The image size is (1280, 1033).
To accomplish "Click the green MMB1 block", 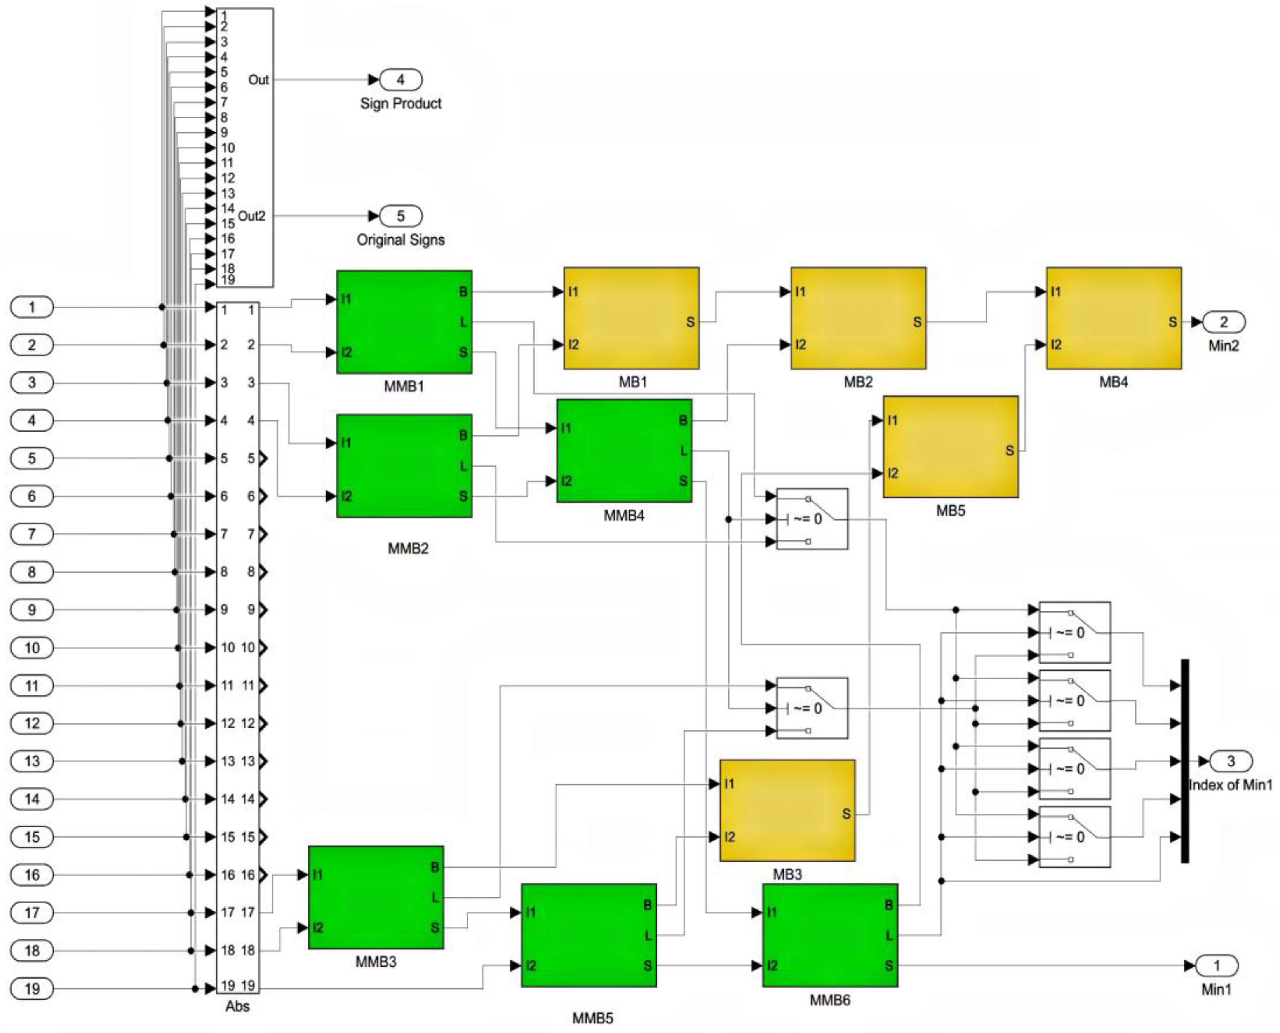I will (x=404, y=322).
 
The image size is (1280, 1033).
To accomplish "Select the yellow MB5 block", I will (x=950, y=446).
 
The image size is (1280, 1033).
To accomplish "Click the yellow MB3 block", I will (x=787, y=810).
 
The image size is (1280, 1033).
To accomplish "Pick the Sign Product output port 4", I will (x=401, y=79).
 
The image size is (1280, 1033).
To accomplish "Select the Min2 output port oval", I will (x=1223, y=322).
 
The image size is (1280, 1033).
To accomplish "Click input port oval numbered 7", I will (x=32, y=534).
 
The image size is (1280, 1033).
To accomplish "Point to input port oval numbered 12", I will (x=32, y=723).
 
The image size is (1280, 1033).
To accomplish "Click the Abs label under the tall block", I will (x=237, y=1006).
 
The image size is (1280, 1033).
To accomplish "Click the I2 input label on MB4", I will (x=1055, y=345).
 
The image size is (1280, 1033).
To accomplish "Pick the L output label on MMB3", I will (x=435, y=897).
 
